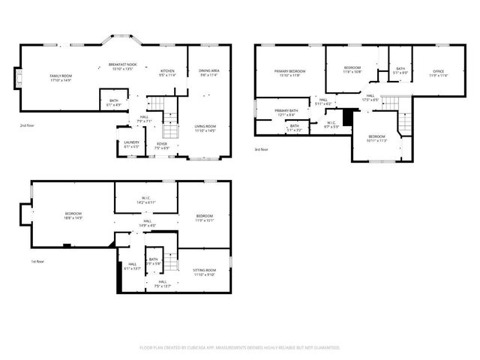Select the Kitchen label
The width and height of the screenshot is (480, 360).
166,73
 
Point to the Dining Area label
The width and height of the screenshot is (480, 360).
208,73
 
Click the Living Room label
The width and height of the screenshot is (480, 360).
205,128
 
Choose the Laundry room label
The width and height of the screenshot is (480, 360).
132,144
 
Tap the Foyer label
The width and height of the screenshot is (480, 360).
162,145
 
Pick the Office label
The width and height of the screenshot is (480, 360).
438,73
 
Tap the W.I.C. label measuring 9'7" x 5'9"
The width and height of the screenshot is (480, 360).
332,124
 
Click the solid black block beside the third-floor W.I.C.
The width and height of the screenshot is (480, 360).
347,118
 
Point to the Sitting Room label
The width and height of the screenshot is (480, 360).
204,272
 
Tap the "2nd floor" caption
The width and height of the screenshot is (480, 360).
29,125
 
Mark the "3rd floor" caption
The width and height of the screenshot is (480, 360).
261,149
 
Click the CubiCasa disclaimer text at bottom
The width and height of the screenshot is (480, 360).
240,348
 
